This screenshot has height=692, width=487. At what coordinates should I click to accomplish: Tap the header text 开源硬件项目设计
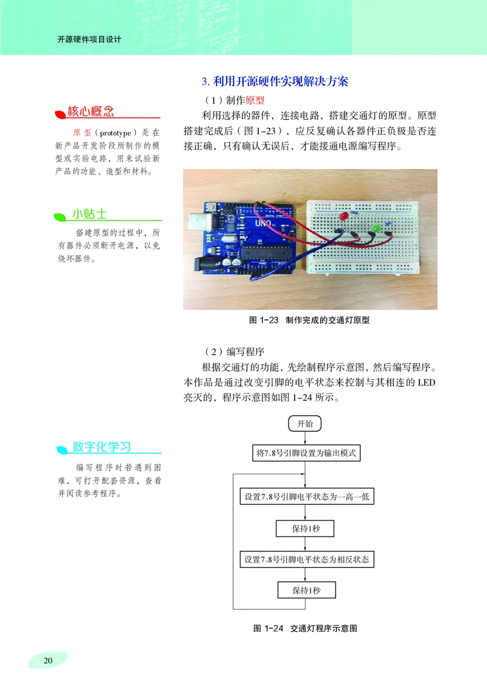pyautogui.click(x=89, y=40)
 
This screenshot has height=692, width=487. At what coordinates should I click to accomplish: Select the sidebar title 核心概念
pyautogui.click(x=91, y=111)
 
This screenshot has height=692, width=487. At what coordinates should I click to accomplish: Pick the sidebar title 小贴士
pyautogui.click(x=89, y=213)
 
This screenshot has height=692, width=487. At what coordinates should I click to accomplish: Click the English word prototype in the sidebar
pyautogui.click(x=114, y=132)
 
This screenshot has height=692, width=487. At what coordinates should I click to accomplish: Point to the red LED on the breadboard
pyautogui.click(x=343, y=217)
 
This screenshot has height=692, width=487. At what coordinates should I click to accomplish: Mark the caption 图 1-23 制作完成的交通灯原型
pyautogui.click(x=310, y=320)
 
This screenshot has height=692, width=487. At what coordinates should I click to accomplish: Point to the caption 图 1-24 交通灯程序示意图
pyautogui.click(x=305, y=629)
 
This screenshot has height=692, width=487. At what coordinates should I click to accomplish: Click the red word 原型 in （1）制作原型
pyautogui.click(x=256, y=99)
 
